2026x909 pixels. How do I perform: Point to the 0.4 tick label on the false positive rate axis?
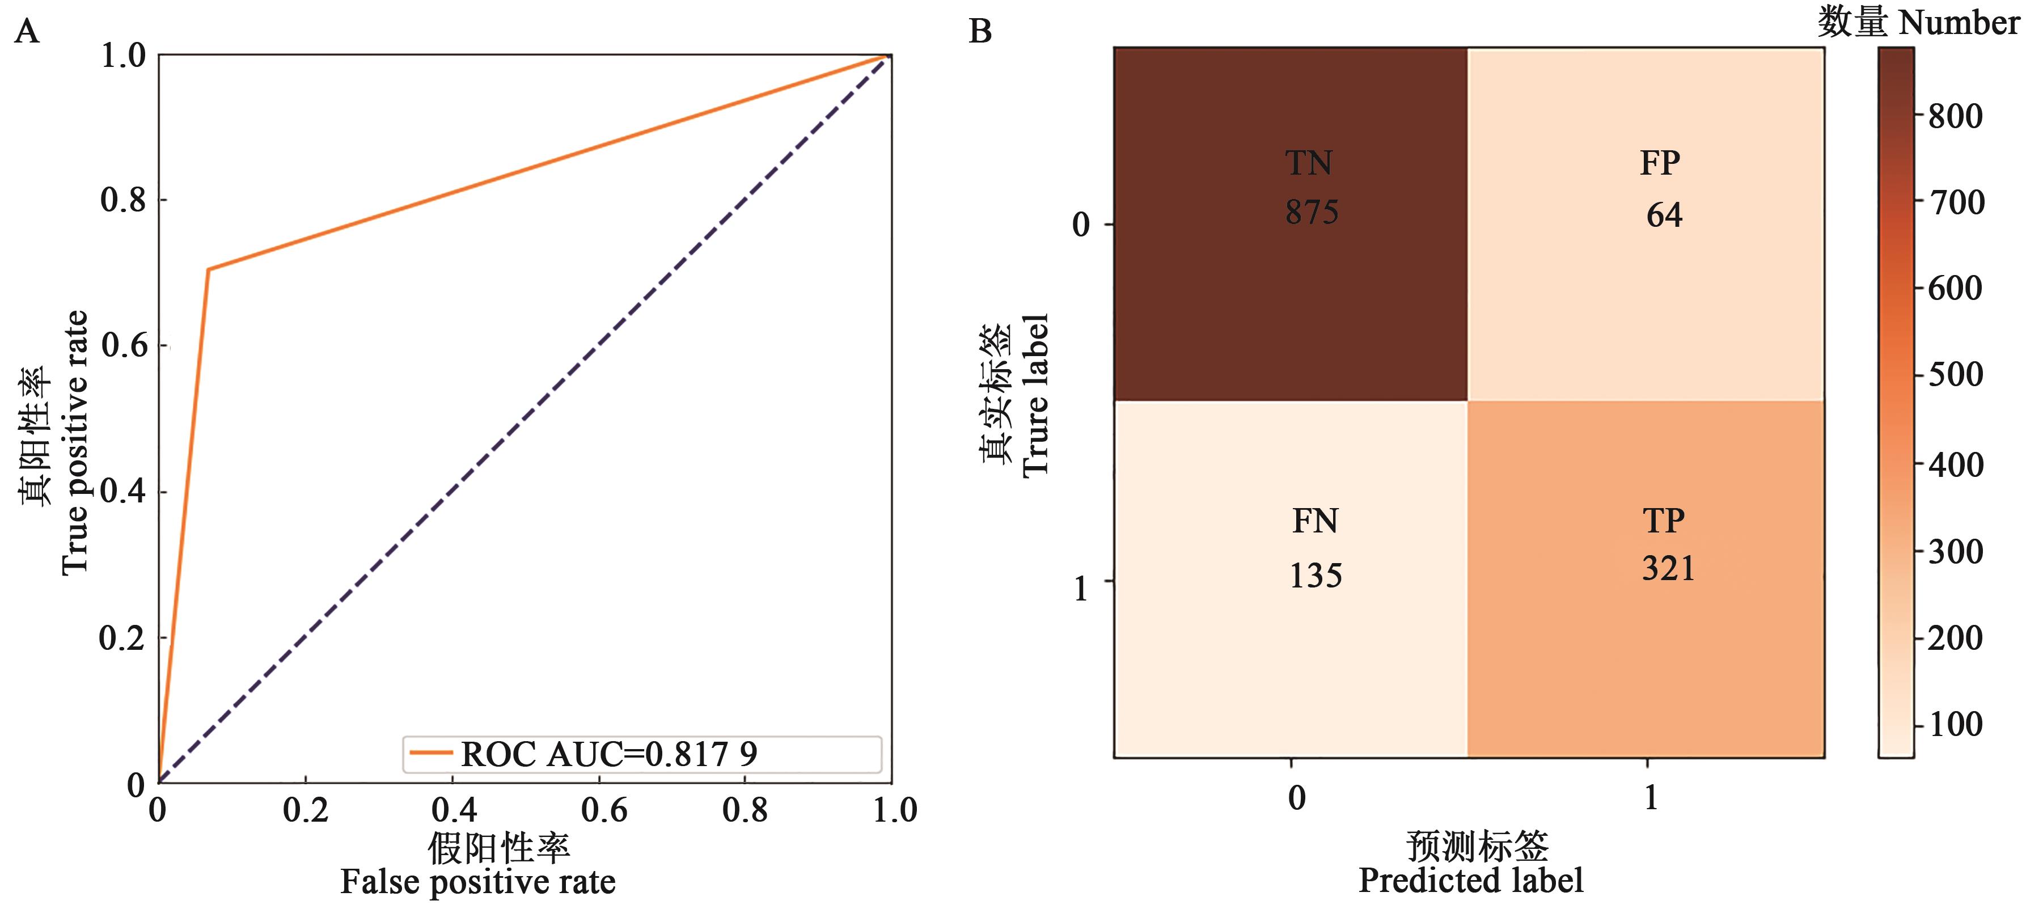[x=454, y=810]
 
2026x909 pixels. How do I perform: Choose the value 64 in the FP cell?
[x=1664, y=215]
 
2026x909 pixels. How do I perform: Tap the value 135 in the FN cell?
[x=1315, y=576]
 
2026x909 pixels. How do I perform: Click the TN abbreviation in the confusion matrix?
[x=1309, y=163]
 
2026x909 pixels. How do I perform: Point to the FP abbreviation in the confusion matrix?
[x=1660, y=163]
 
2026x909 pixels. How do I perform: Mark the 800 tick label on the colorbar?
[x=1955, y=116]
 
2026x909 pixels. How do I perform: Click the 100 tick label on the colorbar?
[x=1955, y=724]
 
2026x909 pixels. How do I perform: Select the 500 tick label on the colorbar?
[x=1955, y=374]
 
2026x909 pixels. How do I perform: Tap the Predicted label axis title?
[x=1471, y=881]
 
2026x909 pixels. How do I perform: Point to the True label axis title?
[x=1035, y=395]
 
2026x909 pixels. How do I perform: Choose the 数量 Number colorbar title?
[x=1918, y=22]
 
